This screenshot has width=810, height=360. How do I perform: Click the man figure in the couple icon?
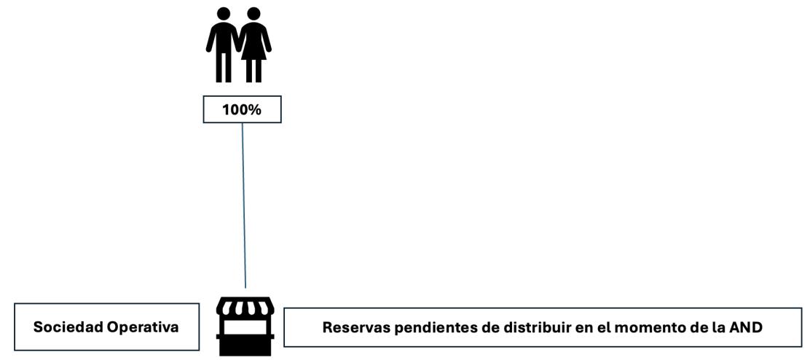(x=224, y=44)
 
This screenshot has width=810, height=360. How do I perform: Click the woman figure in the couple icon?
(x=253, y=44)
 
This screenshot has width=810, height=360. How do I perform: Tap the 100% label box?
(x=241, y=110)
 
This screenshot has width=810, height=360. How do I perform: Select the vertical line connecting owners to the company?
(x=243, y=204)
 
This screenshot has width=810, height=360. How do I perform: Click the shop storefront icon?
(x=245, y=326)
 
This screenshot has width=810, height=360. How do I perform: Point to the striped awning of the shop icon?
(x=245, y=308)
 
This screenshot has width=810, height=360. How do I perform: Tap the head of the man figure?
(x=224, y=14)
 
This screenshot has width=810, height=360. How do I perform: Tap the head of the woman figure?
(x=253, y=14)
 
